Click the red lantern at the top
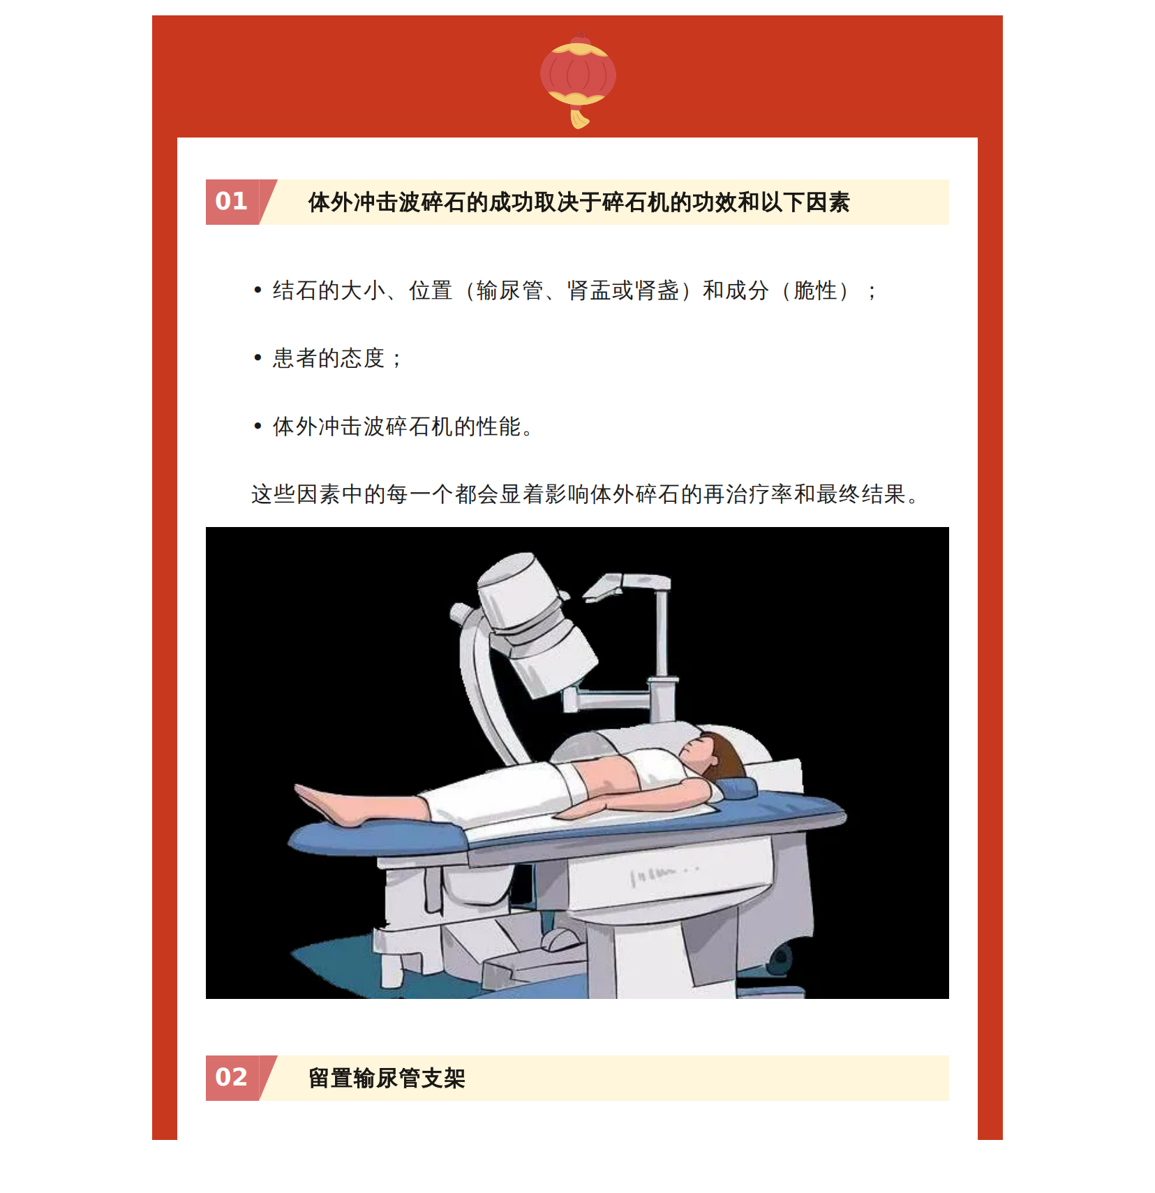tap(578, 74)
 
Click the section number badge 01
tap(232, 202)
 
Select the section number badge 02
tap(232, 1078)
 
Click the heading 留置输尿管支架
tap(387, 1079)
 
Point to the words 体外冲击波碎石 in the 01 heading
tap(387, 202)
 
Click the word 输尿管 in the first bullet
tap(509, 290)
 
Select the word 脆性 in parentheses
tap(815, 290)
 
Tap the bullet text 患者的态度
tap(328, 358)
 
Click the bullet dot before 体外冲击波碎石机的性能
tap(258, 426)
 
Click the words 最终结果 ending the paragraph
tap(861, 494)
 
